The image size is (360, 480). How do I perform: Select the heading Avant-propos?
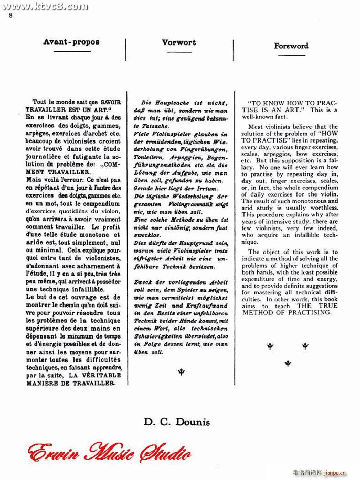[x=71, y=42]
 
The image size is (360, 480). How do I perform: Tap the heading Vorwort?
[x=179, y=42]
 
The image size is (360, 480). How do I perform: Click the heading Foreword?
[x=291, y=45]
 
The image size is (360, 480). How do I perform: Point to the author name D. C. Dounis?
[x=177, y=422]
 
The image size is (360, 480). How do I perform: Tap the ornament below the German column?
[x=181, y=372]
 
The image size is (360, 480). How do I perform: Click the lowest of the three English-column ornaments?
[x=288, y=363]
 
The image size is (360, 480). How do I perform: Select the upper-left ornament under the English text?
[x=270, y=346]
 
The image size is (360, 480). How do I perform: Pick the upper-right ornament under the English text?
[x=305, y=346]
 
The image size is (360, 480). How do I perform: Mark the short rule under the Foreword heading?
[x=291, y=56]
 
